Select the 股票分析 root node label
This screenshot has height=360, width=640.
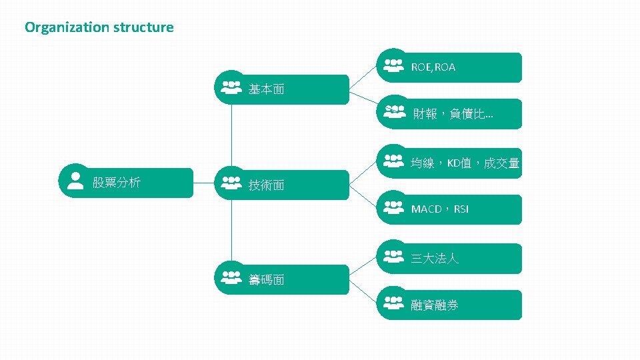point(116,182)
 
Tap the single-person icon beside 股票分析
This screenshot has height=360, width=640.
point(76,181)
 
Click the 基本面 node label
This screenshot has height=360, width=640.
point(266,89)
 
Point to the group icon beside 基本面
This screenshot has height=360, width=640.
point(231,88)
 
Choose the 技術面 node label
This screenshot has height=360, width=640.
point(266,185)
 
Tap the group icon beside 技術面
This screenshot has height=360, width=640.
point(231,182)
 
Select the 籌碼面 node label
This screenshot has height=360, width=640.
point(266,280)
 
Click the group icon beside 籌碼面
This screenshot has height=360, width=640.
point(231,276)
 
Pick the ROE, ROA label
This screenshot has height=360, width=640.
point(433,67)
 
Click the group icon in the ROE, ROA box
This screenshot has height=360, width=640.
point(394,65)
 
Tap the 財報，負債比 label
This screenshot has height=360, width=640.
point(453,115)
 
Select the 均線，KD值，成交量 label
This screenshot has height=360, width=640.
point(465,163)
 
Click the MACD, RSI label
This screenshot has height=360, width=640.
point(439,209)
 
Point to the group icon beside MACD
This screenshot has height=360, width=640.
point(394,207)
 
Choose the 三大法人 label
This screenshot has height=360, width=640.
point(435,259)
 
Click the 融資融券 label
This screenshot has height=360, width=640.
point(435,305)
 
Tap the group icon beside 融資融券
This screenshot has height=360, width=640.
point(394,303)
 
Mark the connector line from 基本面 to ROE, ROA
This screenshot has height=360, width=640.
point(363,77)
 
